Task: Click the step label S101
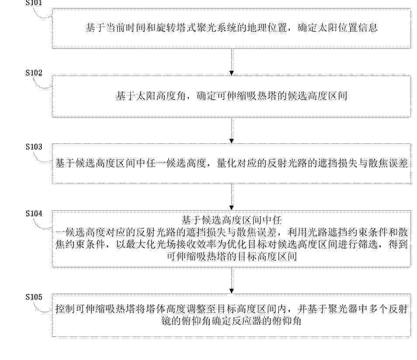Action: click(x=34, y=3)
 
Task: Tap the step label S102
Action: click(x=34, y=73)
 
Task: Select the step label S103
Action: click(x=34, y=147)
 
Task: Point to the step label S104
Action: click(x=34, y=214)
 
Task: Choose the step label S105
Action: click(x=34, y=297)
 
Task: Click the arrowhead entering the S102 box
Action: click(x=232, y=73)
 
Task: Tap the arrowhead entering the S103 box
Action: click(x=232, y=141)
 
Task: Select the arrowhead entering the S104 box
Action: click(x=232, y=208)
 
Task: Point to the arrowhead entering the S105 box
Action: click(x=232, y=291)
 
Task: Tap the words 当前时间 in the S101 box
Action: click(x=126, y=28)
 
